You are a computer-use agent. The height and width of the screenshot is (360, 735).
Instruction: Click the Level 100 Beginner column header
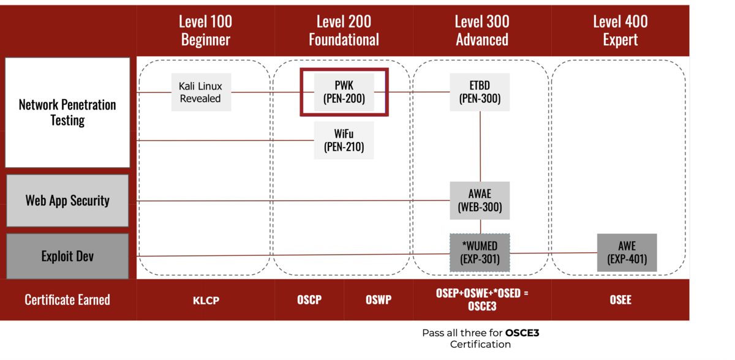[x=205, y=31]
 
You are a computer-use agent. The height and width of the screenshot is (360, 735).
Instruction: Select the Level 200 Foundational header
[x=344, y=31]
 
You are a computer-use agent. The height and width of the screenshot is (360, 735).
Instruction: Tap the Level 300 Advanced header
[x=481, y=31]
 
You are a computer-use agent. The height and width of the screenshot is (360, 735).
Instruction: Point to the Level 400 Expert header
[x=620, y=31]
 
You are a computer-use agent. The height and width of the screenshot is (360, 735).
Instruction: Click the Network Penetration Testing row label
[x=67, y=112]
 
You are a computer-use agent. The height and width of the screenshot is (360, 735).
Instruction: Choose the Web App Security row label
[x=67, y=200]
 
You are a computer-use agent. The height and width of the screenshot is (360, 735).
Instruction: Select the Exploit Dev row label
[x=67, y=256]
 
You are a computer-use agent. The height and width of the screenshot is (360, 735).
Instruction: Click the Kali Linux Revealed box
[x=201, y=92]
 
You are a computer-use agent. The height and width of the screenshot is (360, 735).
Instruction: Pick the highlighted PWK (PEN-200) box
[x=344, y=92]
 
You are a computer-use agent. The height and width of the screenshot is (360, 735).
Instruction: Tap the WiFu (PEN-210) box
[x=344, y=140]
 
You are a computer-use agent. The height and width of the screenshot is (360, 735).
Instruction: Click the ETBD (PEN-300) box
[x=480, y=92]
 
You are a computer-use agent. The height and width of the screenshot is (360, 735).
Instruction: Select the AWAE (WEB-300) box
[x=480, y=200]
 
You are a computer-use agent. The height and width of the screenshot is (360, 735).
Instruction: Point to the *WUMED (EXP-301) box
[x=480, y=253]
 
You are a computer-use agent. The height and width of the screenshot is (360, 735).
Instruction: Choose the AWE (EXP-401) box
[x=627, y=253]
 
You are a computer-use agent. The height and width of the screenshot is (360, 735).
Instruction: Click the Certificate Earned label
[x=67, y=300]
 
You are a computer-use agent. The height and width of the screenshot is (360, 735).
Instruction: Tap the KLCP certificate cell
[x=205, y=300]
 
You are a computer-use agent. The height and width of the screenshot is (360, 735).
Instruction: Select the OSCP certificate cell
[x=309, y=300]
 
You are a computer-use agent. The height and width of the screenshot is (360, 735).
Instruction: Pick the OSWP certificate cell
[x=378, y=300]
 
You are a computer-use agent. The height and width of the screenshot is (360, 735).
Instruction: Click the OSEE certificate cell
[x=620, y=300]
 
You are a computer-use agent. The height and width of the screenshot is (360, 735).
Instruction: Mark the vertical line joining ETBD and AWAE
[x=480, y=146]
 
